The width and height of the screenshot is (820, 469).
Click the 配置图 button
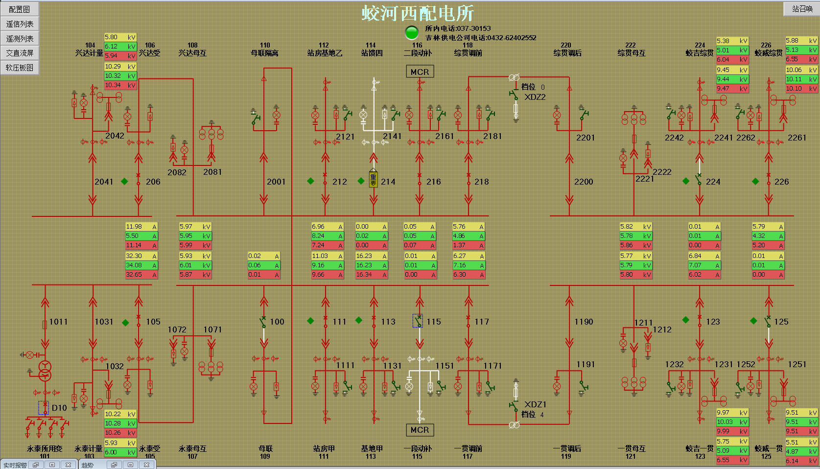point(20,9)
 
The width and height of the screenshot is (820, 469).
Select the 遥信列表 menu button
point(20,24)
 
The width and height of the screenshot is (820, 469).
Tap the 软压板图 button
point(20,68)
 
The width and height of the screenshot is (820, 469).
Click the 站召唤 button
point(802,9)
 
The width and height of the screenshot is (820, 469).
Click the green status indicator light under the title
point(412,32)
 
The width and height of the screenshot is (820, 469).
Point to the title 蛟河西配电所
point(418,13)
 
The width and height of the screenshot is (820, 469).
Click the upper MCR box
point(420,72)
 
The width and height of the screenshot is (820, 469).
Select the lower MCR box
point(420,430)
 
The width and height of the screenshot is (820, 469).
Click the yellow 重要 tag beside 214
point(374,179)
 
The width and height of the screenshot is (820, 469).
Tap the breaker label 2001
point(276,182)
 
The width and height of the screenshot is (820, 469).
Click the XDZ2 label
point(535,97)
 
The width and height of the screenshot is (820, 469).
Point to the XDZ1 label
point(535,404)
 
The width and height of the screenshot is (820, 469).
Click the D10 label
point(59,408)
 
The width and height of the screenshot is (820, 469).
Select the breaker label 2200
point(584,182)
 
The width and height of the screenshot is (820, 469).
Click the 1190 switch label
point(584,322)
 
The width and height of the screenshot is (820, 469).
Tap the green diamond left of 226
point(755,182)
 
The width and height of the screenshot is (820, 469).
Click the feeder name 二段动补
point(418,53)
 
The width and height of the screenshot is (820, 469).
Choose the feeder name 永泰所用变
point(45,448)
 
